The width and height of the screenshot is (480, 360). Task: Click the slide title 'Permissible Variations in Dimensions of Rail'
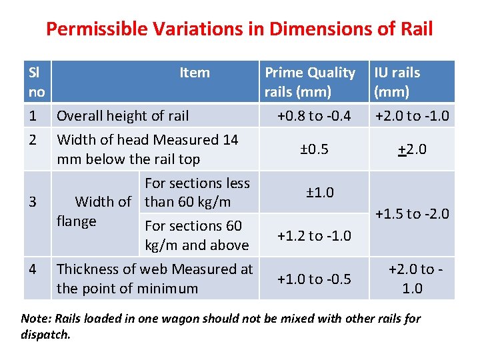coord(239,29)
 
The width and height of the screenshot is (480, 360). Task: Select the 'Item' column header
coord(194,73)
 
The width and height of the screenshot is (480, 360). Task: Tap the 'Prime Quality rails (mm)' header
coord(310,82)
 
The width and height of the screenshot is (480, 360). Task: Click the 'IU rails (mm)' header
coord(397,82)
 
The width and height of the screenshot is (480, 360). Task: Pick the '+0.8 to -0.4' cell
coord(314,115)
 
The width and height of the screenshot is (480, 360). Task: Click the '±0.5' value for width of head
coord(314,149)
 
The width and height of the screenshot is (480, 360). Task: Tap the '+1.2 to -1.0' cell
coord(314,235)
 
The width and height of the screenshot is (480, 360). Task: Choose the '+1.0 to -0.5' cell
coord(314,279)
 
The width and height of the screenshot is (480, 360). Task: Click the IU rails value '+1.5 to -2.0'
coord(411,214)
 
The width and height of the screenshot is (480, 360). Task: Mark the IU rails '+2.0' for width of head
coord(411,149)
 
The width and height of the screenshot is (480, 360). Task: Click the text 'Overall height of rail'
coord(123,115)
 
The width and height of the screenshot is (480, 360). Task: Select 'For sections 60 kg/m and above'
coord(197,235)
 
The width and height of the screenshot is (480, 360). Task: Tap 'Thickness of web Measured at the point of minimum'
coord(155,279)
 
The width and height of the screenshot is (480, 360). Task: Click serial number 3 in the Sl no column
coord(32,201)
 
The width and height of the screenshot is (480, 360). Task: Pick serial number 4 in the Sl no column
coord(32,269)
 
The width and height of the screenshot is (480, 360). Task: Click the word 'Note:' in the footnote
coord(34,318)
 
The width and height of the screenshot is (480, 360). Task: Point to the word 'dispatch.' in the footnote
coord(45,335)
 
